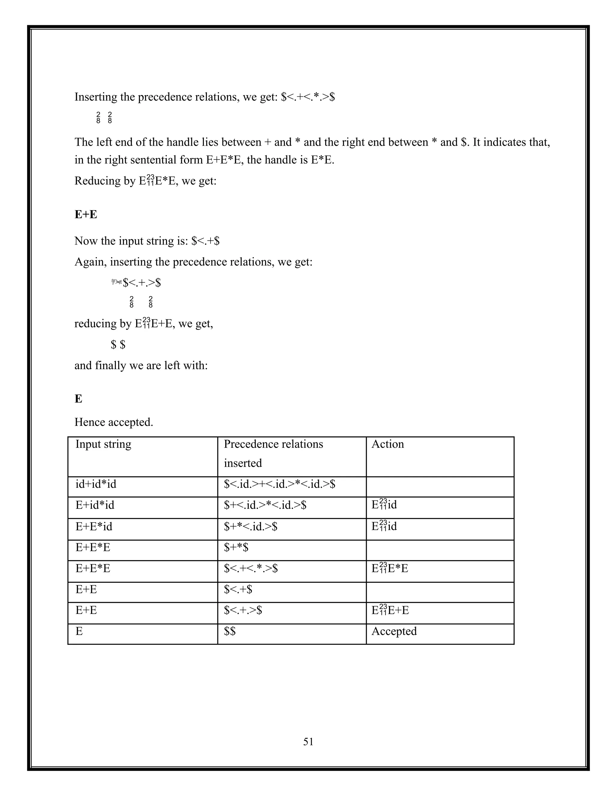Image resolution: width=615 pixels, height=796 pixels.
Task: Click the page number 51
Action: [308, 741]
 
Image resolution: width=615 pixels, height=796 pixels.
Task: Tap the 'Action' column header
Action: [388, 444]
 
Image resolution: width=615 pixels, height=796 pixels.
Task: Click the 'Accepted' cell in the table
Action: [394, 631]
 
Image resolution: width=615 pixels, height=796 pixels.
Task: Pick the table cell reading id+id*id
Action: [96, 484]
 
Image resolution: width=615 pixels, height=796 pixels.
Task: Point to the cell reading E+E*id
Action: [94, 526]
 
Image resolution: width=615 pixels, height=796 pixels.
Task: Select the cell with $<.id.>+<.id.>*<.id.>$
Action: [280, 484]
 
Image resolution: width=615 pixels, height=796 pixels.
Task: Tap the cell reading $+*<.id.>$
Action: [251, 526]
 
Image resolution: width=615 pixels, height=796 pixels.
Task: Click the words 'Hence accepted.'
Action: [114, 422]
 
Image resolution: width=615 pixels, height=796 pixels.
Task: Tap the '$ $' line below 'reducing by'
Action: [118, 345]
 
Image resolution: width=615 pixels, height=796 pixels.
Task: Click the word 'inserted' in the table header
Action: [243, 463]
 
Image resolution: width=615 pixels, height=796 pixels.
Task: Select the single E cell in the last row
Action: [79, 631]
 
